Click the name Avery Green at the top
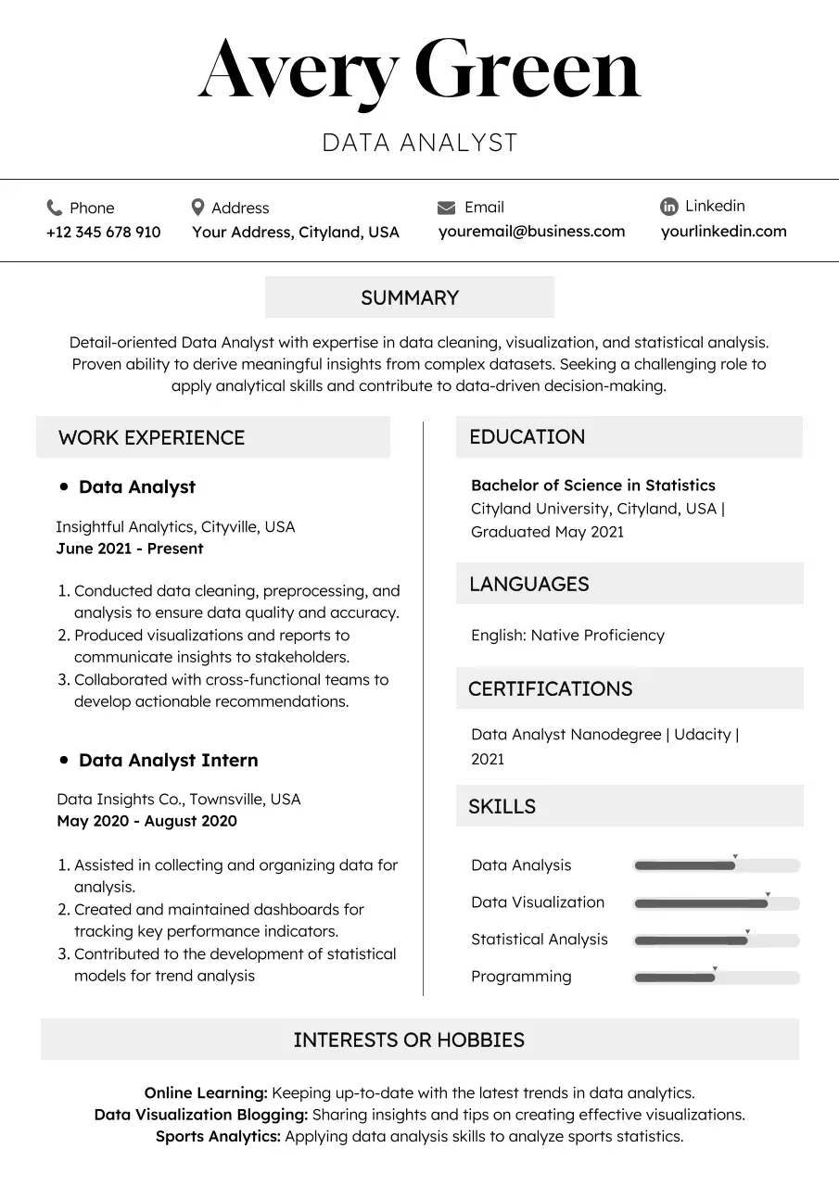(419, 72)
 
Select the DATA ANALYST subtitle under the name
(419, 143)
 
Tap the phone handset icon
(54, 208)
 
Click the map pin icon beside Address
(197, 207)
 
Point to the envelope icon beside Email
(446, 208)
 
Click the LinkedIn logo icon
(668, 207)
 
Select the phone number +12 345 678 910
(103, 232)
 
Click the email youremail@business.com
(531, 232)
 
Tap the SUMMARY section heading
(410, 297)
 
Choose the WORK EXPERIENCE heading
(151, 437)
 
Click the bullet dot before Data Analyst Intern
(64, 759)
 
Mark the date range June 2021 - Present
(130, 549)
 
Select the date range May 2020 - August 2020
(146, 821)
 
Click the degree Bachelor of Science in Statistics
(592, 485)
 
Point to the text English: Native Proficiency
(567, 636)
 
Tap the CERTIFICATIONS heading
(550, 688)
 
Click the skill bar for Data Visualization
(716, 903)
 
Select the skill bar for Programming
(716, 978)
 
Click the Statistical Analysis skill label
(539, 940)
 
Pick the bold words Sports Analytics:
(218, 1136)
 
